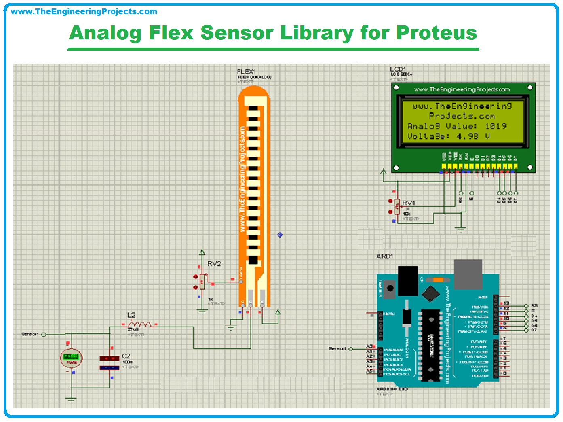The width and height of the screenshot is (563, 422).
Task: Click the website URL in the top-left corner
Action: (84, 12)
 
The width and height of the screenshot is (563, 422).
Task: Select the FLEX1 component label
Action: (246, 72)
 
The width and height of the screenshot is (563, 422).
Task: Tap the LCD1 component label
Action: (398, 70)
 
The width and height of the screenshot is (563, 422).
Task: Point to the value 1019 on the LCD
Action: (496, 126)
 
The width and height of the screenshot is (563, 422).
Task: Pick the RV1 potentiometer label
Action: (408, 203)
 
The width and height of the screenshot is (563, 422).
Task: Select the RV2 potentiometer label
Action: (214, 264)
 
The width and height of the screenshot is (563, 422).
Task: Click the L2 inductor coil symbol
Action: (140, 324)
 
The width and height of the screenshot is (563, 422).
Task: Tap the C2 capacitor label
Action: (126, 356)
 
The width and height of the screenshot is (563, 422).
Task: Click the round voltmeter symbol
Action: (71, 358)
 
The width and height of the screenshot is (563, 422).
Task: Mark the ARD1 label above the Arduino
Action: (384, 256)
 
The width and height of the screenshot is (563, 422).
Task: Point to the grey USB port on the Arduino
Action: (468, 274)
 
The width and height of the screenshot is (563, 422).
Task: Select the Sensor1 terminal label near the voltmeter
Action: (30, 334)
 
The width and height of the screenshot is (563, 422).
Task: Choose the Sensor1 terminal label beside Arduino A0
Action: (337, 348)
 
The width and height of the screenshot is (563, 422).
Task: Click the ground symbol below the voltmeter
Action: (71, 400)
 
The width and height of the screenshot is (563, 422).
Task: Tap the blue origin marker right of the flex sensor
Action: (280, 235)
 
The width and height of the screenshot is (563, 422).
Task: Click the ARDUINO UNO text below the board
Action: (392, 389)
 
